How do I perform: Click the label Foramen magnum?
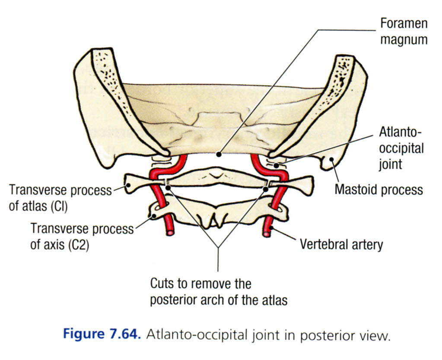[403, 31]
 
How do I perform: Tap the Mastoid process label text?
[379, 189]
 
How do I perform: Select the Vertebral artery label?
[341, 245]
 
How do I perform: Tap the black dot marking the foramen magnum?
[219, 154]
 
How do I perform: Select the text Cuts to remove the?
[200, 284]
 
